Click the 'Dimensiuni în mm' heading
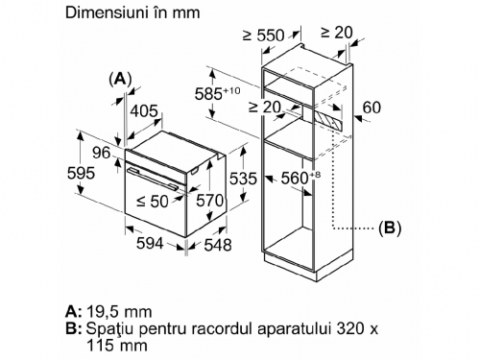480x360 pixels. coord(132,13)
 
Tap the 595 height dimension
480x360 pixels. coord(82,174)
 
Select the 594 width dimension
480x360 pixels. coord(150,244)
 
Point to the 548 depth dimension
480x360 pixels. coord(218,245)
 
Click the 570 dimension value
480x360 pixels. coord(210,201)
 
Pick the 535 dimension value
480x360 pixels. coord(243,179)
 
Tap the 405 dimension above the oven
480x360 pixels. coord(144,111)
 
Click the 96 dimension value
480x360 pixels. coord(102,153)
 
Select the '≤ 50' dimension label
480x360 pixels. coord(153,202)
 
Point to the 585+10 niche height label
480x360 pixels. coord(217,93)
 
